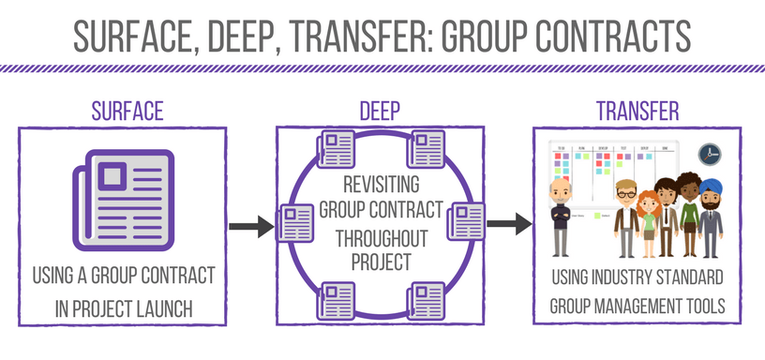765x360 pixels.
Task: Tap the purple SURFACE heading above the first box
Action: pos(127,111)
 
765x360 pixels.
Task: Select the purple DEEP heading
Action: pos(382,111)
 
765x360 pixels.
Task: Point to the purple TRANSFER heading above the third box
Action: pos(637,111)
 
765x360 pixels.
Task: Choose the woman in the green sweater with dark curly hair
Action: pos(689,216)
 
